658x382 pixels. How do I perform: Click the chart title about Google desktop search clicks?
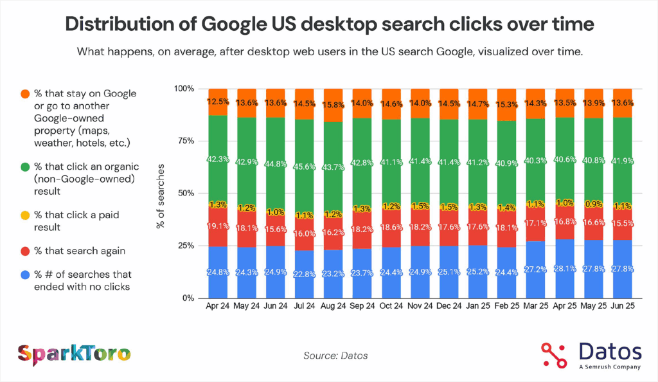[x=329, y=25]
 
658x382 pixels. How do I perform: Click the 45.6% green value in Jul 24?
[x=306, y=166]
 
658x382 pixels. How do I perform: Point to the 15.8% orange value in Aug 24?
[x=335, y=102]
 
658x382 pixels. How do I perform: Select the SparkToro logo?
[x=74, y=353]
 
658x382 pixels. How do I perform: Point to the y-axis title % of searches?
[x=160, y=193]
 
